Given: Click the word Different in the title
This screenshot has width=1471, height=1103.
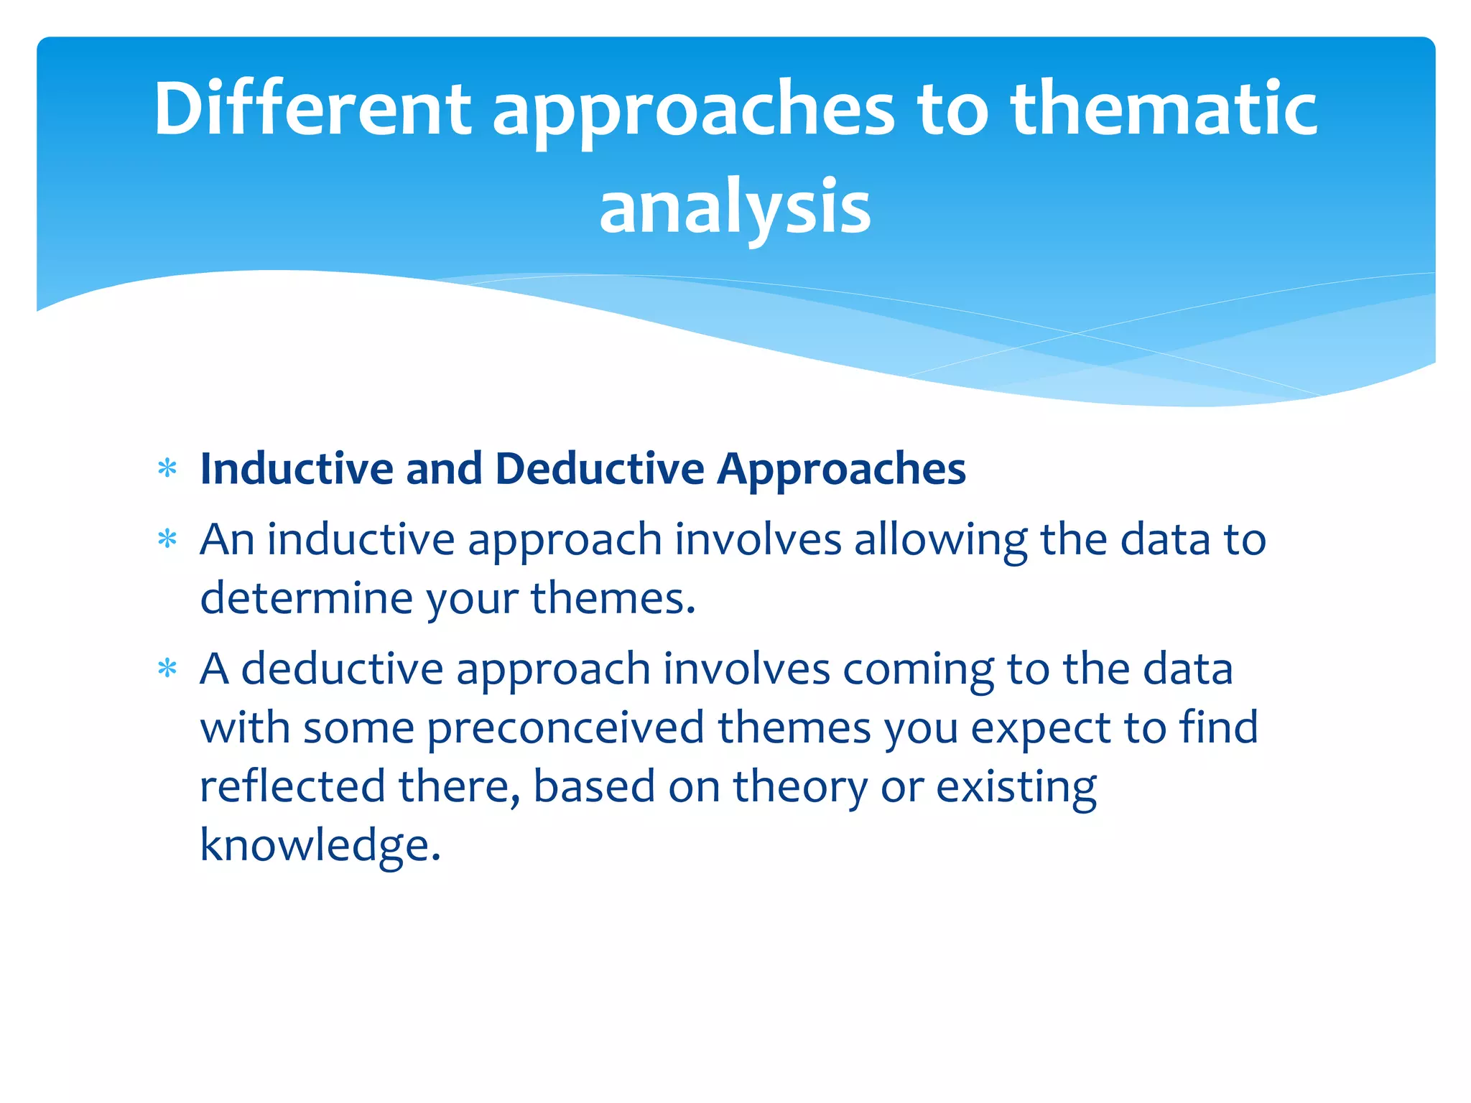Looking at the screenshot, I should (x=312, y=109).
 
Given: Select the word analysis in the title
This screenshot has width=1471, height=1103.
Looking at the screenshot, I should (x=735, y=208).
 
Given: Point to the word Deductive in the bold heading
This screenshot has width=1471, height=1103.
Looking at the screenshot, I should (x=600, y=469).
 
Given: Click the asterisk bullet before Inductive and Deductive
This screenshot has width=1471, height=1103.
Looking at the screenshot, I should (x=167, y=470).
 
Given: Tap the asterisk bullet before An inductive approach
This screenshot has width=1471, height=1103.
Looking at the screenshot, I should (x=167, y=539).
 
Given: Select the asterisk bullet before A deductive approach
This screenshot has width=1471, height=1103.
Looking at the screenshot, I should (x=167, y=669).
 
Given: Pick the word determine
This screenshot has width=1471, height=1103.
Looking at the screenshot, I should (x=306, y=598).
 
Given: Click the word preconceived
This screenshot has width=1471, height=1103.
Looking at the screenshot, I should (x=566, y=727).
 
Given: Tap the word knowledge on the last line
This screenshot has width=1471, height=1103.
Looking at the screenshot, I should (x=320, y=844).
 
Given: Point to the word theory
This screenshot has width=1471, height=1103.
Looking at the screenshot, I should (x=799, y=787).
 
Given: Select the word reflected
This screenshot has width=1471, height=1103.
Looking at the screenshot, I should (x=292, y=786).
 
